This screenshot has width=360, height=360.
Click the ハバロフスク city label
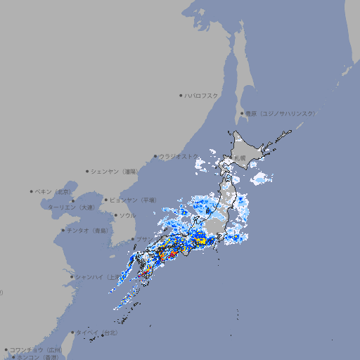(x=202, y=95)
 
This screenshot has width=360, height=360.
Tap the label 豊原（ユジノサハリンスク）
(x=280, y=113)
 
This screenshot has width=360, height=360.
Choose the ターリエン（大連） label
(x=70, y=207)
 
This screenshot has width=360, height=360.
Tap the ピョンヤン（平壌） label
(x=132, y=200)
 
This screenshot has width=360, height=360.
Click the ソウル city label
(x=127, y=215)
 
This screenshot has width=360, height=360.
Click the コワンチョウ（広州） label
(x=35, y=349)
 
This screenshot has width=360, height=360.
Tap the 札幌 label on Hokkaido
(x=240, y=158)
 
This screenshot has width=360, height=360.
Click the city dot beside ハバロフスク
(x=181, y=95)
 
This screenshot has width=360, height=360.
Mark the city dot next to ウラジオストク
(x=155, y=156)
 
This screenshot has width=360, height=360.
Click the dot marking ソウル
(x=115, y=215)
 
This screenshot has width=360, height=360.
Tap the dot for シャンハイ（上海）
(x=72, y=277)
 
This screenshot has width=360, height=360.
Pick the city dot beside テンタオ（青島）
(x=63, y=230)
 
